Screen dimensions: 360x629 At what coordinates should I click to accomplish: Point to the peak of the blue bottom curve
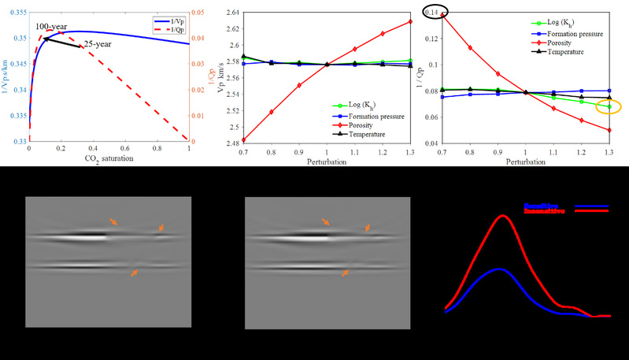[x=499, y=269]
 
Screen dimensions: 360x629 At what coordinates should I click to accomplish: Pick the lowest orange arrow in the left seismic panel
[x=135, y=272]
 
